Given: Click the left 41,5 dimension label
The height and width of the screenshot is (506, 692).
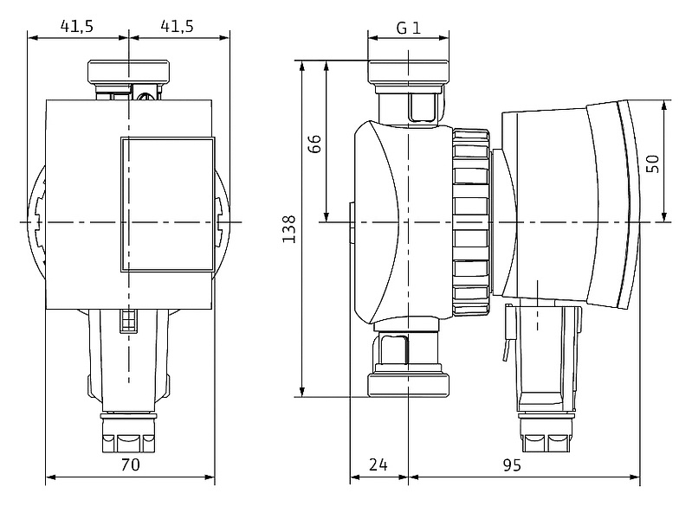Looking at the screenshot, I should [x=77, y=26].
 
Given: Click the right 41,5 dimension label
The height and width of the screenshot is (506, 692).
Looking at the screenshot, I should [x=177, y=26].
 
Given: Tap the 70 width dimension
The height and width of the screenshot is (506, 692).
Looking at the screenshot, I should [x=129, y=465].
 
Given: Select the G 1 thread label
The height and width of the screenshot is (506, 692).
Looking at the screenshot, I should [x=408, y=27].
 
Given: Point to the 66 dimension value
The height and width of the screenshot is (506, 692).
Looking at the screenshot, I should [x=315, y=144].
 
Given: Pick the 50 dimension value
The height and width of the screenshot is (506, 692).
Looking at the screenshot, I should [x=653, y=163].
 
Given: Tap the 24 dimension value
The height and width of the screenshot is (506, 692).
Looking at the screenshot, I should [x=378, y=465].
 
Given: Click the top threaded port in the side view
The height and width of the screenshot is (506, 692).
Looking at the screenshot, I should [x=408, y=73].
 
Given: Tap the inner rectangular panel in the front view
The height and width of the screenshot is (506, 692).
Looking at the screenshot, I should [x=165, y=205].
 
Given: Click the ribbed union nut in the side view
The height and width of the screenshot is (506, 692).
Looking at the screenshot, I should [x=469, y=222].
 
